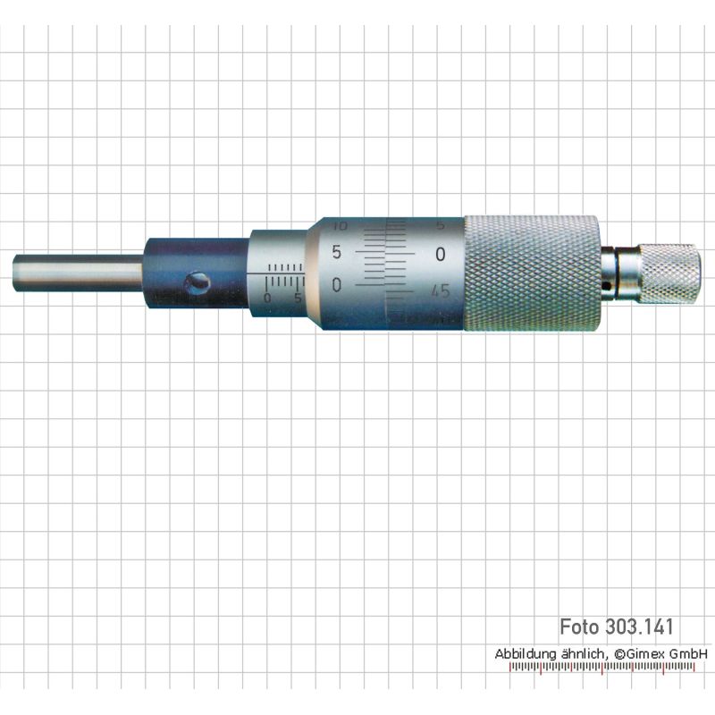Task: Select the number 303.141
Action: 639,627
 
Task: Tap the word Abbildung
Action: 526,653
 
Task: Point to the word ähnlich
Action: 585,653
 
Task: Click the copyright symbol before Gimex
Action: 619,654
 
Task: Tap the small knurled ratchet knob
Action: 669,273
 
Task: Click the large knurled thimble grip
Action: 531,273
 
